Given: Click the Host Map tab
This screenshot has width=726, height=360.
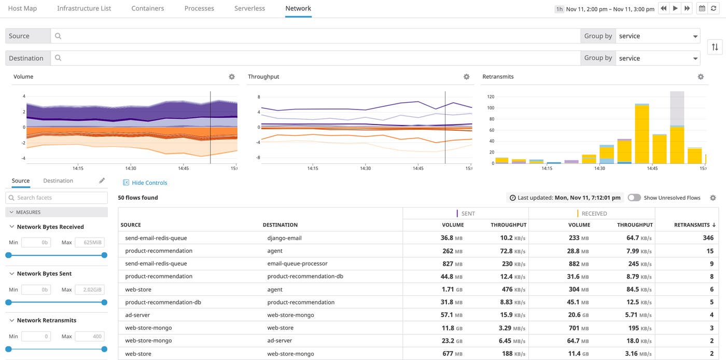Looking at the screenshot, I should (x=22, y=8).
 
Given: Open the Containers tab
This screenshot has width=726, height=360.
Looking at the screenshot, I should (x=148, y=8).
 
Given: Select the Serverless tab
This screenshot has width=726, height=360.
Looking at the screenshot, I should (x=249, y=8).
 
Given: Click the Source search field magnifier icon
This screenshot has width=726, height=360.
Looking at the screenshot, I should (x=58, y=36).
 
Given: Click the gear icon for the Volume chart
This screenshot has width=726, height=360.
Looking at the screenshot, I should (x=232, y=77).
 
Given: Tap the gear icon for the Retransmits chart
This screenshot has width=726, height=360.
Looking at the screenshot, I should (x=701, y=77).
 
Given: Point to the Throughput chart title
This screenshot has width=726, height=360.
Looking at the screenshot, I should (x=263, y=77).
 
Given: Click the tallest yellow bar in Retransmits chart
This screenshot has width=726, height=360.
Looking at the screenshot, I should (x=642, y=134).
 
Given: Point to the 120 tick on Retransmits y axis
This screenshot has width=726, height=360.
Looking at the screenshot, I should (x=491, y=97).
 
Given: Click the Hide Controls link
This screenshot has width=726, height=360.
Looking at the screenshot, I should (x=149, y=183).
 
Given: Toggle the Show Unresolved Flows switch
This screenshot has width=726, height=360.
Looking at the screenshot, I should (x=634, y=198).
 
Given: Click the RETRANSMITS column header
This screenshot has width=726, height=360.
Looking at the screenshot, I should (x=694, y=225).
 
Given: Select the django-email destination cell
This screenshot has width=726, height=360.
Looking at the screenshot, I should (x=284, y=238).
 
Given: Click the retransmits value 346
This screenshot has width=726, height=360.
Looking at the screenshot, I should (x=708, y=238).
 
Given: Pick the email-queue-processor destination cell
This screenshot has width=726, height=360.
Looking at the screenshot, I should (x=297, y=264).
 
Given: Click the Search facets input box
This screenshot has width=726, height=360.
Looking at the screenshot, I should (x=57, y=198).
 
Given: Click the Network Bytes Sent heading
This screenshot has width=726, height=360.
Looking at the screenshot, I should (x=44, y=273).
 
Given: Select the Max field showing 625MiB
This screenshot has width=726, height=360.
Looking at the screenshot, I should (x=90, y=243).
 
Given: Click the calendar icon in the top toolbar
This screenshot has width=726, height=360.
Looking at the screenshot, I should (x=702, y=8).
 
